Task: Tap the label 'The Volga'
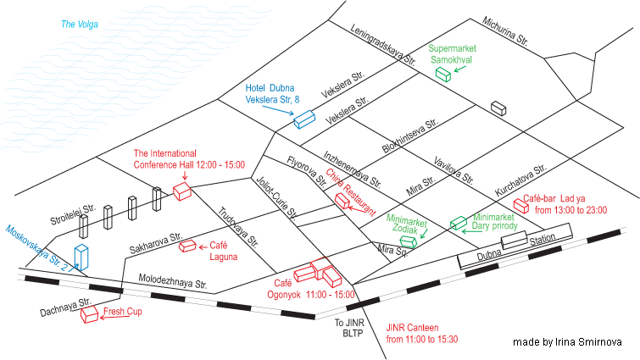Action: pyautogui.click(x=79, y=24)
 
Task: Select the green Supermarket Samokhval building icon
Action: pyautogui.click(x=442, y=75)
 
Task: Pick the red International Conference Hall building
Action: pyautogui.click(x=181, y=191)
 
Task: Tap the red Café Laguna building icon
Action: pyautogui.click(x=187, y=246)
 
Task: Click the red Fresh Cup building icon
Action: pyautogui.click(x=89, y=315)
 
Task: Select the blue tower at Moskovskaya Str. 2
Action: pyautogui.click(x=82, y=257)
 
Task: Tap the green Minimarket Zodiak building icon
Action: pyautogui.click(x=409, y=241)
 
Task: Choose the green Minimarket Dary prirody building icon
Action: pyautogui.click(x=458, y=224)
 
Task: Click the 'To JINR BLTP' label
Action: pyautogui.click(x=350, y=329)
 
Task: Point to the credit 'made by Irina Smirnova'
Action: pyautogui.click(x=569, y=341)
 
